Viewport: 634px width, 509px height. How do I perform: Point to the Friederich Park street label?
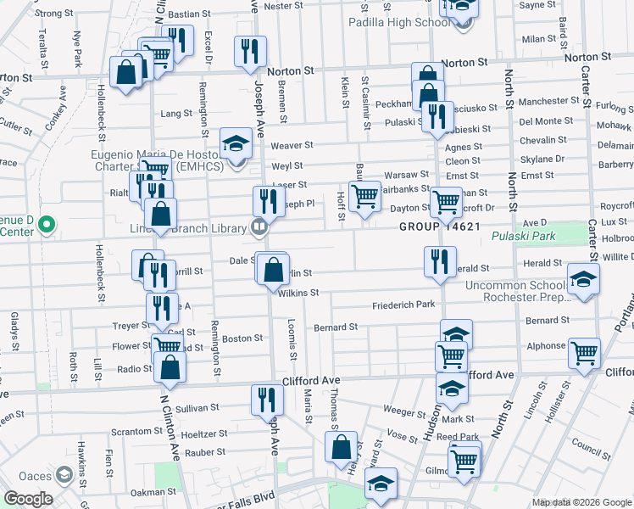tap(403, 304)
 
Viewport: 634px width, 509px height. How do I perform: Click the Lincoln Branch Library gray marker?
tap(259, 227)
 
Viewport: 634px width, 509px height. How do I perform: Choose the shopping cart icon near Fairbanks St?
tap(364, 195)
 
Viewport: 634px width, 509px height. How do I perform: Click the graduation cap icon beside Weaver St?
tap(236, 143)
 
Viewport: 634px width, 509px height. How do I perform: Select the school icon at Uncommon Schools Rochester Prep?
tap(582, 282)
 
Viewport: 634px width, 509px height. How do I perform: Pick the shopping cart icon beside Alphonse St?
tap(583, 352)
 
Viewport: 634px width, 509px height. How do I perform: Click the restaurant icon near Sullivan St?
tap(264, 399)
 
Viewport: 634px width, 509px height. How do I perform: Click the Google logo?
tap(28, 499)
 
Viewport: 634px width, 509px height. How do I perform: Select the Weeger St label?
tap(403, 408)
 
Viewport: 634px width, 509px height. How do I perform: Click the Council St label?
tap(585, 444)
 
